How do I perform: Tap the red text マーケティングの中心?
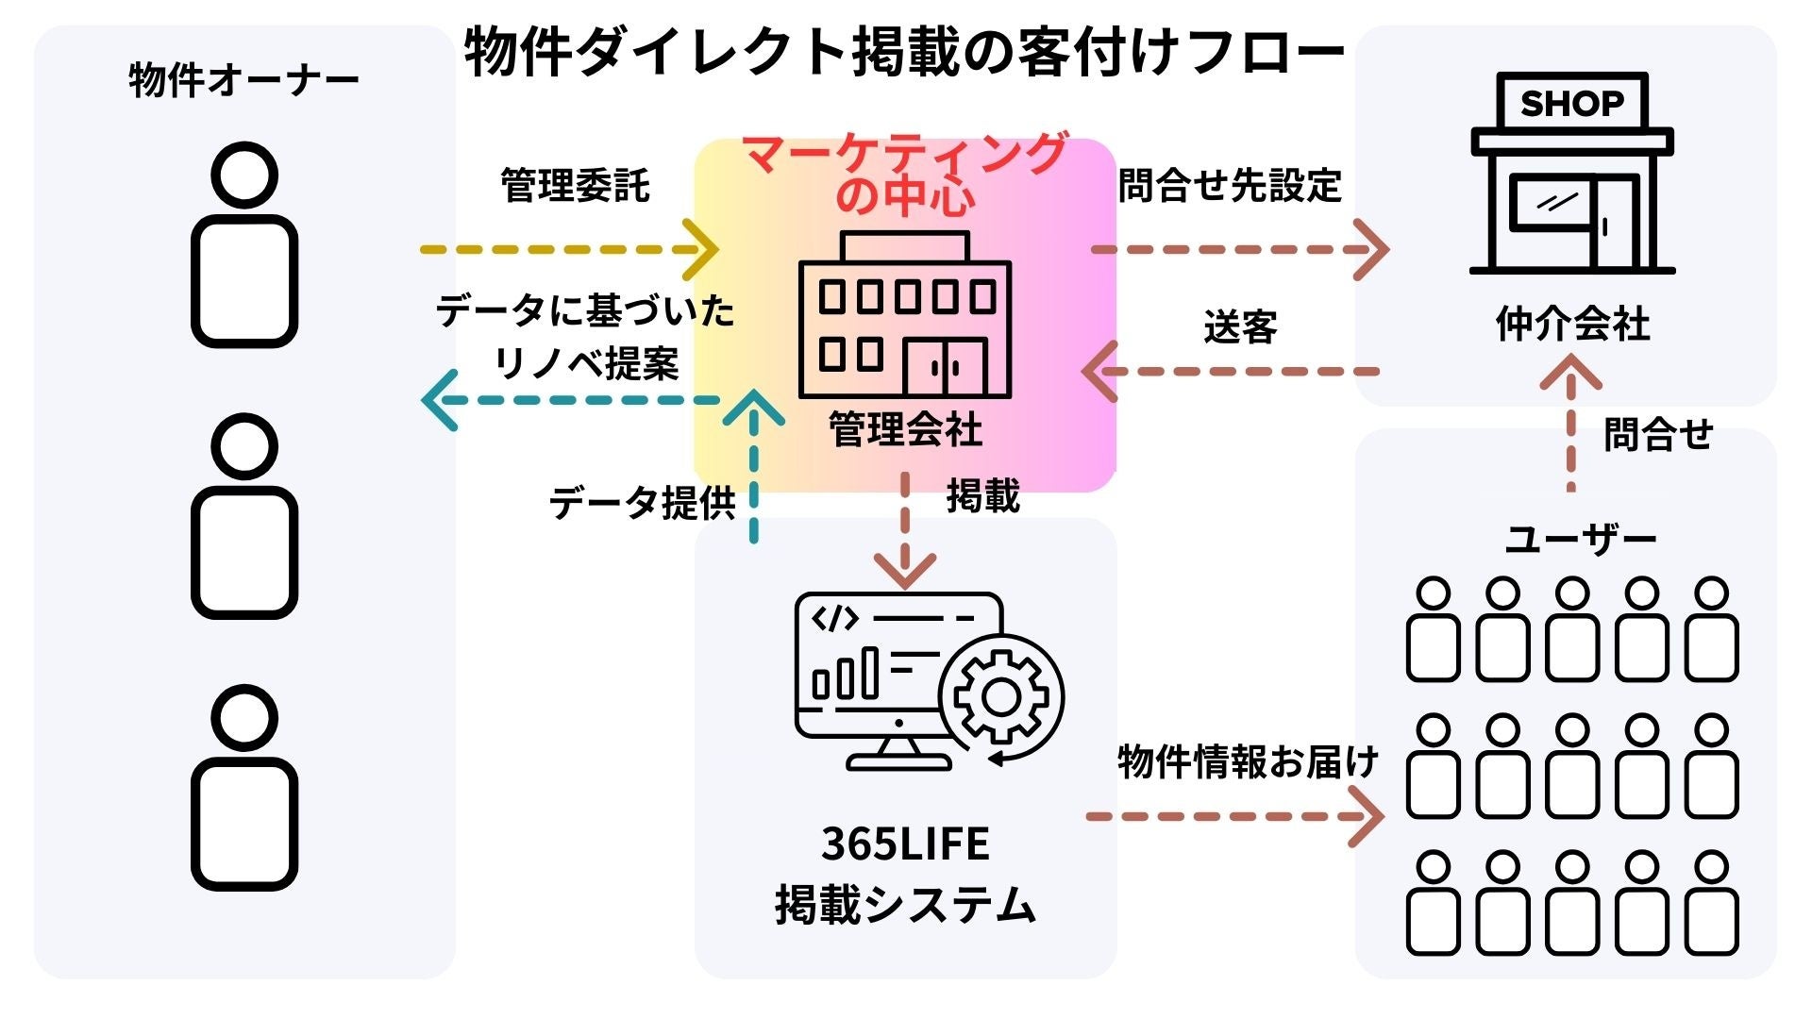tap(904, 175)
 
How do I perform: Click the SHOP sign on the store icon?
tap(1571, 103)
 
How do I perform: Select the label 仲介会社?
tap(1572, 324)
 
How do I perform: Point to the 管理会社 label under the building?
tap(904, 429)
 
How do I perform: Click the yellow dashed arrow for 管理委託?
tap(566, 250)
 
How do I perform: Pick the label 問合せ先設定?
tap(1229, 186)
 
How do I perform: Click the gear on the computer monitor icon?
tap(1000, 698)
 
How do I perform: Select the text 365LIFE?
tap(904, 844)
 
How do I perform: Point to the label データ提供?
tap(642, 503)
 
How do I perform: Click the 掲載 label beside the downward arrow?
tap(982, 496)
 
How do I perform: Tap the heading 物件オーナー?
tap(243, 80)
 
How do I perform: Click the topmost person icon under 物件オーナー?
tap(244, 245)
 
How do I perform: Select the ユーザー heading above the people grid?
tap(1580, 540)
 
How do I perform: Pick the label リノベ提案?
tap(585, 363)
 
